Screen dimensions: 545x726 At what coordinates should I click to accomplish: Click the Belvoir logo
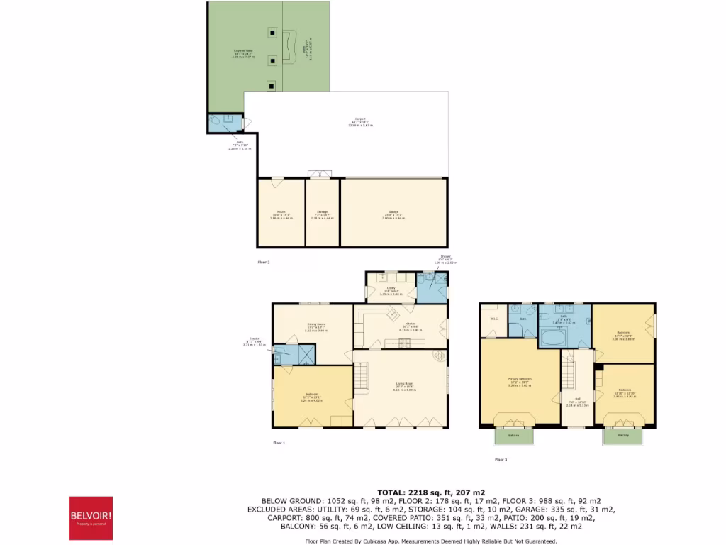coord(91,518)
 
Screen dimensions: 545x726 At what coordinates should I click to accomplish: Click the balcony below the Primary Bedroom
coord(513,435)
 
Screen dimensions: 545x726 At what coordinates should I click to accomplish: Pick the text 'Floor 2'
coord(263,263)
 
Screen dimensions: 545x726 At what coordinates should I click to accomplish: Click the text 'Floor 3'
coord(501,460)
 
